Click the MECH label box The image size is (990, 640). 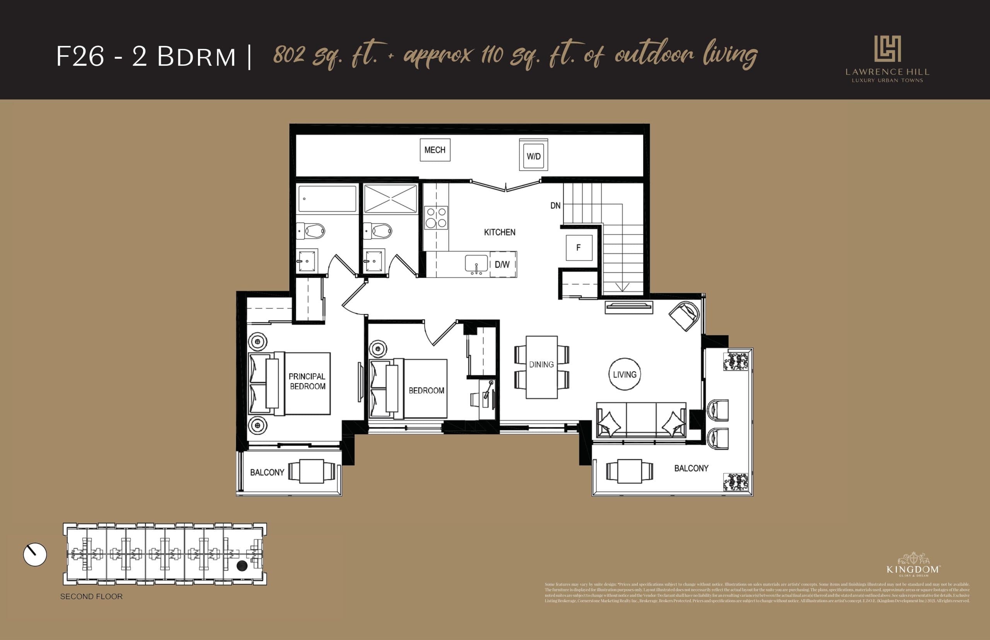(435, 150)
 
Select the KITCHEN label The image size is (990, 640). (499, 232)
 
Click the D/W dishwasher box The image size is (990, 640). (502, 264)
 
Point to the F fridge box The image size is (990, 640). (579, 248)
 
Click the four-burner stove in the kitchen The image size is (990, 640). (436, 218)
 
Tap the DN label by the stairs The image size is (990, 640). (555, 206)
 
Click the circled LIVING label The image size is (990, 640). (625, 374)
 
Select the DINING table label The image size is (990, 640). (541, 365)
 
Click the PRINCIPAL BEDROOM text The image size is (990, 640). (307, 381)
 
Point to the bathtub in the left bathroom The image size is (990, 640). (327, 199)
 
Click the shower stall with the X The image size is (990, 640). (390, 199)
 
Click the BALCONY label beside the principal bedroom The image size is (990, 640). (267, 473)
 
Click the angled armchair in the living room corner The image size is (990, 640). (684, 316)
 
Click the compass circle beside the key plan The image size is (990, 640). (35, 554)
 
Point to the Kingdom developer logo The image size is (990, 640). (913, 565)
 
